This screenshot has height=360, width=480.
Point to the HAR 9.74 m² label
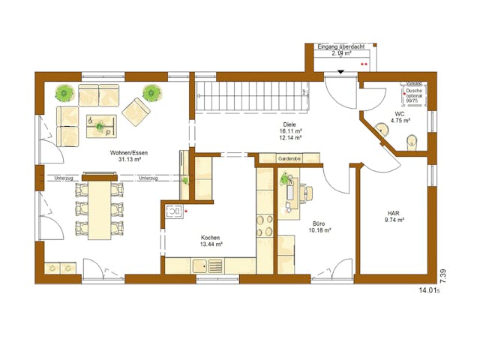tap(393, 216)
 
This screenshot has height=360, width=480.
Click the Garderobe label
tap(289, 159)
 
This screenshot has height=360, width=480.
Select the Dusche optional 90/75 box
tap(414, 96)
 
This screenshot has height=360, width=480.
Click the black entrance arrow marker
tap(341, 72)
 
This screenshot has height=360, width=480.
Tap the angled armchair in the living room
tap(136, 111)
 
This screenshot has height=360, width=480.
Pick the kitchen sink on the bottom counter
tap(202, 265)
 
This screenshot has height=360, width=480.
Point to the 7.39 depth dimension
tap(443, 275)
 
